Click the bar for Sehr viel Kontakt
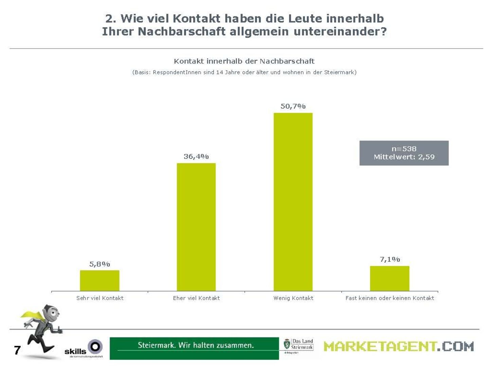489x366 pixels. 99,280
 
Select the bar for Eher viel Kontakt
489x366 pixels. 196,227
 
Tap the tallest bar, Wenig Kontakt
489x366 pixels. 293,202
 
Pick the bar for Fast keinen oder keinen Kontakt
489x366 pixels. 390,278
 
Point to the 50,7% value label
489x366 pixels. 293,106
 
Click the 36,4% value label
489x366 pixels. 196,157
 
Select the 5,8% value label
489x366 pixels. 99,264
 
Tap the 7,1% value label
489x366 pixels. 390,259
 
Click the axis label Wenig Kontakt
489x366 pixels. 293,298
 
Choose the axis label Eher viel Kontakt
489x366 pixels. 196,298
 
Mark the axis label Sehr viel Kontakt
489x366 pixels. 99,298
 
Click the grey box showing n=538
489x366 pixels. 404,153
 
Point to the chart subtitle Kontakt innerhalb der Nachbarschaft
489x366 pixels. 244,61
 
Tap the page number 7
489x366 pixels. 17,350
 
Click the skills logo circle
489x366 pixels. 95,346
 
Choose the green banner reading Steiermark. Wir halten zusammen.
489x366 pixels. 194,348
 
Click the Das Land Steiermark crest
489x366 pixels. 287,344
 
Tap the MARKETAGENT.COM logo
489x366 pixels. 398,346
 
